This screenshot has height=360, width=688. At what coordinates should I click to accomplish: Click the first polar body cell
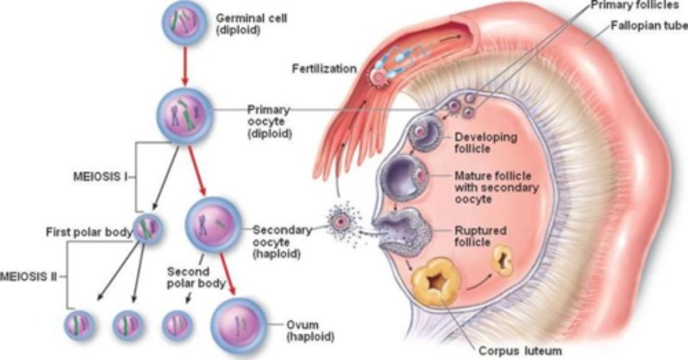tap(147, 229)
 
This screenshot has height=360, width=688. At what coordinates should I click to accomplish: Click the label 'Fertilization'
tap(324, 69)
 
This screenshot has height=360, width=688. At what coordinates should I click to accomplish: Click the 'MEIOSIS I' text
tap(100, 176)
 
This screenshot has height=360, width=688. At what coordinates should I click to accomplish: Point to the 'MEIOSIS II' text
tap(28, 276)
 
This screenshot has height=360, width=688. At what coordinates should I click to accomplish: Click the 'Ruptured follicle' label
tap(480, 236)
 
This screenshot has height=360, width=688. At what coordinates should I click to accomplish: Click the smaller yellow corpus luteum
tap(503, 260)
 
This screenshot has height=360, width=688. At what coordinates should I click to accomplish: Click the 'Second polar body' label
tap(196, 277)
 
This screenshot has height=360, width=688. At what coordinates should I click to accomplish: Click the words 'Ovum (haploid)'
tap(309, 330)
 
